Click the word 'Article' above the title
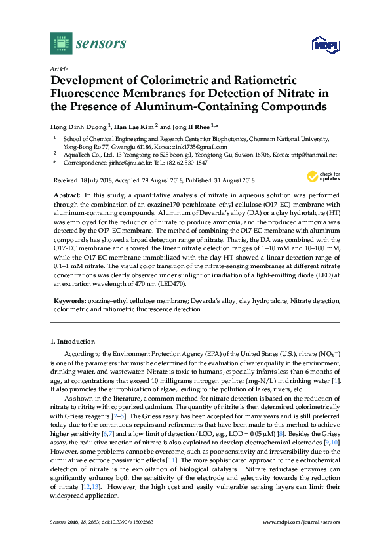pyautogui.click(x=59, y=68)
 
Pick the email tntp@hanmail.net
pyautogui.click(x=315, y=155)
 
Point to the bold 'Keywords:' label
pyautogui.click(x=69, y=301)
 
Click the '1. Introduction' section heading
pyautogui.click(x=73, y=342)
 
